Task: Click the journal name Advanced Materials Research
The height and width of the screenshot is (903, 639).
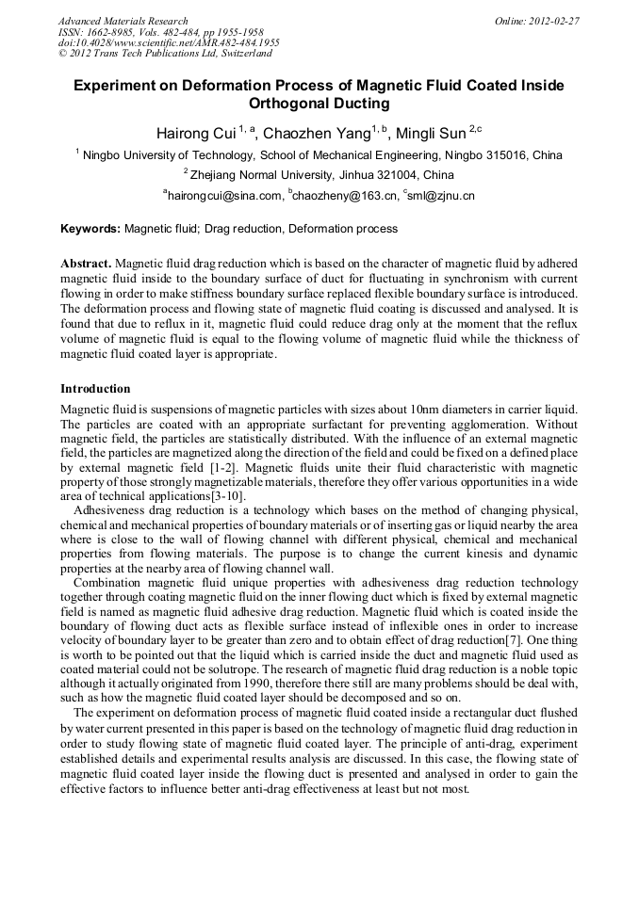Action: tap(123, 21)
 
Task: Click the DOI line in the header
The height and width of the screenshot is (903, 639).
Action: tap(169, 43)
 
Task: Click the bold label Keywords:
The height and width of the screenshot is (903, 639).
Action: tap(90, 229)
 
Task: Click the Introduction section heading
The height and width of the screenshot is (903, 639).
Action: tap(95, 389)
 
